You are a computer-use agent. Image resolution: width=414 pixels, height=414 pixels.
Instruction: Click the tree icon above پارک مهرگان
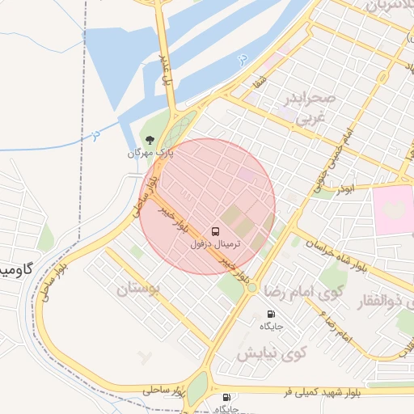click(x=148, y=139)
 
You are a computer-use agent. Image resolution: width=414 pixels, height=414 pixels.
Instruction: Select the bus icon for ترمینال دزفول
click(x=215, y=230)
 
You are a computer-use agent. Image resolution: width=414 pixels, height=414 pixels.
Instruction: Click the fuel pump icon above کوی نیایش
click(x=270, y=314)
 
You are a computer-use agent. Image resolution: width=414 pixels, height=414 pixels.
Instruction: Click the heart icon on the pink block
click(x=392, y=207)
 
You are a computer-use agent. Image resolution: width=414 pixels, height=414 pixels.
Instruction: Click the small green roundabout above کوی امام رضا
click(x=251, y=287)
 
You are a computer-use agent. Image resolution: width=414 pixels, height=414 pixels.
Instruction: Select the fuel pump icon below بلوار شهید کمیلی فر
click(x=225, y=398)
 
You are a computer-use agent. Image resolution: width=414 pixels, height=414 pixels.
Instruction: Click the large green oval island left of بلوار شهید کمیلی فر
click(x=196, y=387)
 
